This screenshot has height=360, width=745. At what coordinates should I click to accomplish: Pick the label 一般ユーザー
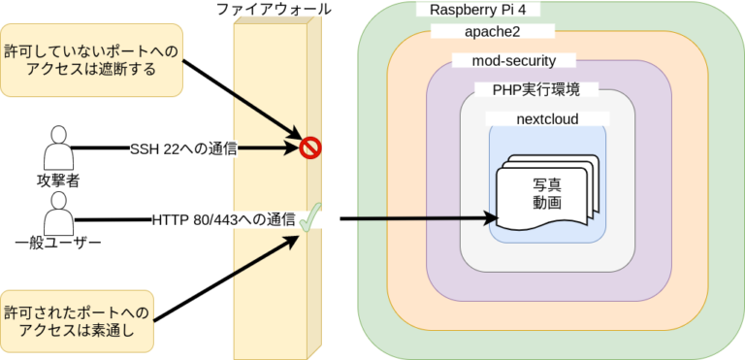59,244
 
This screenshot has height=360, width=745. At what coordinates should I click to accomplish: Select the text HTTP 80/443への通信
223,219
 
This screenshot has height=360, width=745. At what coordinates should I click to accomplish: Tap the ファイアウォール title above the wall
275,10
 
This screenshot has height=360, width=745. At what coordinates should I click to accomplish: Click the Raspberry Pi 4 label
477,11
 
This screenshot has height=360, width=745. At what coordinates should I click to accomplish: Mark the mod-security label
515,61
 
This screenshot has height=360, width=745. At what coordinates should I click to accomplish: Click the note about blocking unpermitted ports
91,60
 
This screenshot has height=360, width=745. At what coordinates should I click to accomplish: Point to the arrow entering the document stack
417,219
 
